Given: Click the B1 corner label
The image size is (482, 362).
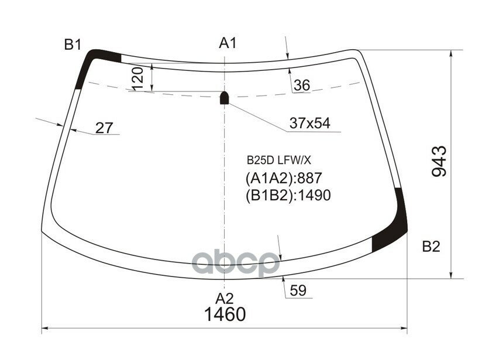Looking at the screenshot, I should (73, 45).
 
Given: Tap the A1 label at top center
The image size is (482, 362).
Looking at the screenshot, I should (228, 43).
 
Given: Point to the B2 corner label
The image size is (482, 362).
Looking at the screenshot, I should (431, 247).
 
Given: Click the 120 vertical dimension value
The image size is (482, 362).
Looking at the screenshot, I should (137, 78).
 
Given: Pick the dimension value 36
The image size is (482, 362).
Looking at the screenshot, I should (302, 86).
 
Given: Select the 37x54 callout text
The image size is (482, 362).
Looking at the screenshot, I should (310, 123).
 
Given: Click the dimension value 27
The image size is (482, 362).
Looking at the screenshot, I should (104, 128).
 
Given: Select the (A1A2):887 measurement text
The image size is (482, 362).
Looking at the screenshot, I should (284, 178).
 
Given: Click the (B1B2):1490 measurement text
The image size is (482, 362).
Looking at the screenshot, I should (288, 195).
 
